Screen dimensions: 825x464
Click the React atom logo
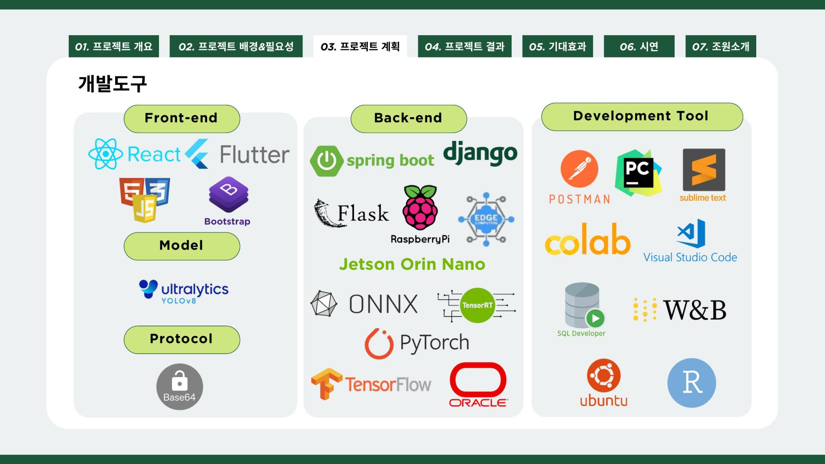(x=105, y=154)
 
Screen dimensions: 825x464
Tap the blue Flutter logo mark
(x=197, y=153)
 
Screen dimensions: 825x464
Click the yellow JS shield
(x=145, y=208)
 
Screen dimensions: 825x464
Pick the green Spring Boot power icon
(x=327, y=161)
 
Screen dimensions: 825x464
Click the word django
(x=480, y=153)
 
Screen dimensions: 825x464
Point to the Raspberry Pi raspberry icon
(x=420, y=208)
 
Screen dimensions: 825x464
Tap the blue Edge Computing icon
(x=486, y=219)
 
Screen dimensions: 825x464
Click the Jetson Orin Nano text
(x=412, y=264)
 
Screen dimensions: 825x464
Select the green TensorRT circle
(x=477, y=305)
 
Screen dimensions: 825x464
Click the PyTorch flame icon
(x=379, y=344)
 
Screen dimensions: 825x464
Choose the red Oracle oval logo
(x=478, y=379)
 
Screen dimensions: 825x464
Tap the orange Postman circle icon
(x=579, y=169)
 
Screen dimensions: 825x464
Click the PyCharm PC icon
(x=638, y=173)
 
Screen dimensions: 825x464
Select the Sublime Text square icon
(x=704, y=170)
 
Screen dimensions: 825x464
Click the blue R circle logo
(x=691, y=383)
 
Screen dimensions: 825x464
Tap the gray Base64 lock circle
(x=180, y=387)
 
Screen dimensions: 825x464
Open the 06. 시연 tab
(x=639, y=46)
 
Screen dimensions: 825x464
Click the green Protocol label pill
(x=182, y=339)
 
